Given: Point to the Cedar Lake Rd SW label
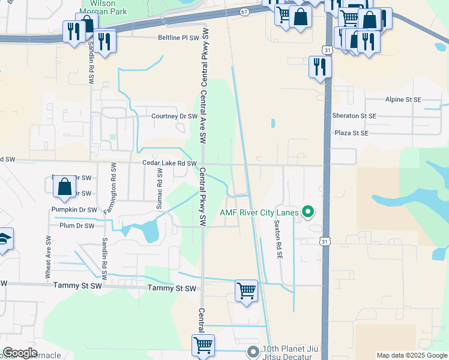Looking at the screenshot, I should click(169, 163).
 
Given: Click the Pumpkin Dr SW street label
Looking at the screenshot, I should click(75, 210).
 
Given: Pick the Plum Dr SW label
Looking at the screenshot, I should click(77, 226).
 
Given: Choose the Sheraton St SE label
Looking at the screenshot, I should click(354, 115).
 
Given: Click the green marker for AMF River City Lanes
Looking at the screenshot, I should click(309, 211).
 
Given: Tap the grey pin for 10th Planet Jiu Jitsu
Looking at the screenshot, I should click(253, 351).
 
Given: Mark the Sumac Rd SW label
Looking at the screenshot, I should click(159, 188).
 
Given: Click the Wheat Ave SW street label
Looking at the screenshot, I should click(48, 256).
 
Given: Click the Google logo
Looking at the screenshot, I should click(20, 353).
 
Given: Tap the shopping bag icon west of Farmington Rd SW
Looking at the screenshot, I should click(64, 186).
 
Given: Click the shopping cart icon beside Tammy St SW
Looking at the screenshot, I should click(246, 291).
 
